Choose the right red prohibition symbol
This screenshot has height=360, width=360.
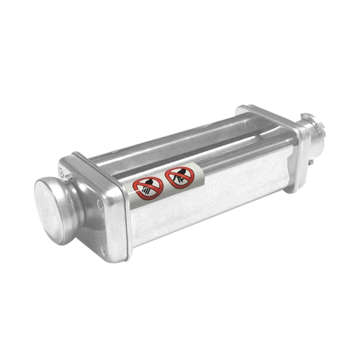[x=179, y=177]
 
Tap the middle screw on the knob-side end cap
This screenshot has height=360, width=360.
[x=100, y=206]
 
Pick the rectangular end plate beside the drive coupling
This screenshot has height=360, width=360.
[x=293, y=154]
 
